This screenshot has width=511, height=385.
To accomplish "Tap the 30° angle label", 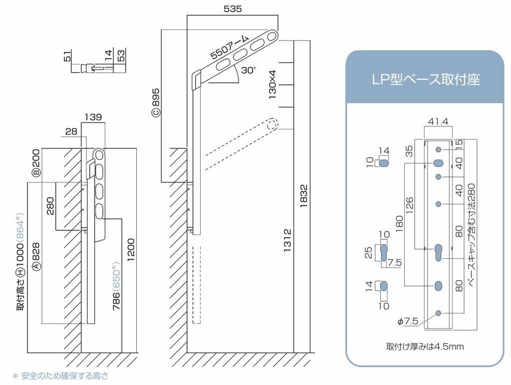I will [x=248, y=70].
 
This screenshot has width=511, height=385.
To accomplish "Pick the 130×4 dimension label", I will [x=272, y=84].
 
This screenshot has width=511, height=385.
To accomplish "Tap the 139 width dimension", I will [x=93, y=117].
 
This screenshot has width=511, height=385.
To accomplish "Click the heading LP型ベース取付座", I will [x=425, y=79].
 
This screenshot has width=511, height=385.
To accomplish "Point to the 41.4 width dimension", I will [x=438, y=121].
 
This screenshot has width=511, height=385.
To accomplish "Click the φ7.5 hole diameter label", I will [x=408, y=321].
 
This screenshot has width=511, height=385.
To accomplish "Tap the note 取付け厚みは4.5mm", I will [x=425, y=346].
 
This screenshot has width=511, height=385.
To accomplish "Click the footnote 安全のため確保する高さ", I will [x=64, y=376].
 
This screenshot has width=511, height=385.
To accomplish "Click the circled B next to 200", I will [x=36, y=173].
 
